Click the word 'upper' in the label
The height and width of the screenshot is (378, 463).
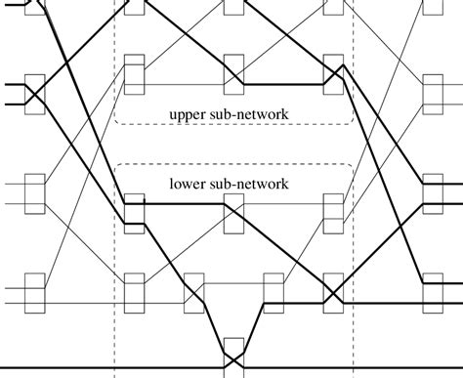189,115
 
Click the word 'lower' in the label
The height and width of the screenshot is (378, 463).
188,182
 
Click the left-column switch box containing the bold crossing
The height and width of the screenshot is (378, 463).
35,93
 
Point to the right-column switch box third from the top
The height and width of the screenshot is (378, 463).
431,193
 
